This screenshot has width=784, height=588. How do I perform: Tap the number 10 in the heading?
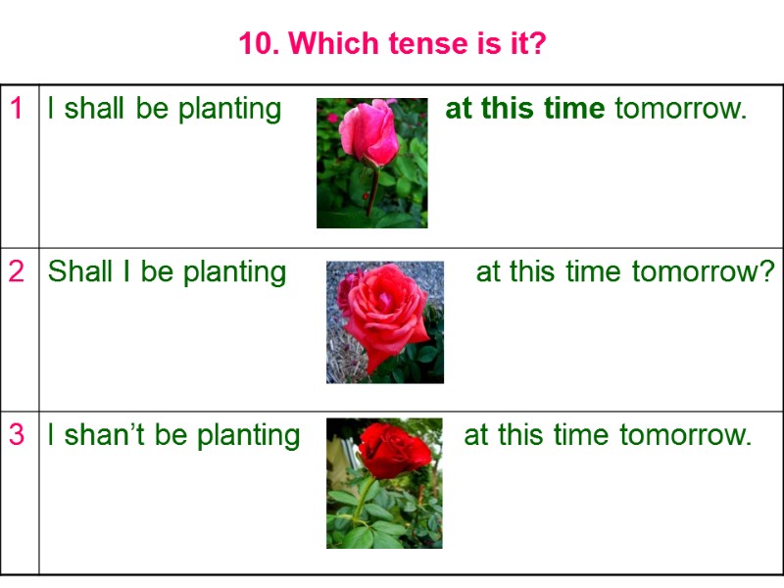pos(254,44)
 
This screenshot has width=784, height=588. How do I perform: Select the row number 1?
pos(17,109)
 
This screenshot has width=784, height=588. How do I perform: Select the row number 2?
pos(17,271)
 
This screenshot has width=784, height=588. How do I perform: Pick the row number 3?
pos(17,434)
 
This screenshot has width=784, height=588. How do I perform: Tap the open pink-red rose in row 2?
pos(384,310)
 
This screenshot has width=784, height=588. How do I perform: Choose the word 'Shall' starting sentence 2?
pos(80,271)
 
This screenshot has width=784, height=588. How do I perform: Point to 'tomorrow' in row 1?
pos(680,108)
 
